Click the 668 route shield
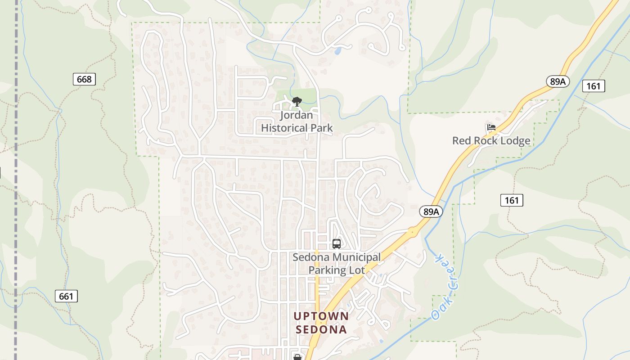click(x=84, y=80)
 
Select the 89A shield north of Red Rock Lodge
click(x=558, y=81)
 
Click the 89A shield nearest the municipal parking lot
click(x=431, y=211)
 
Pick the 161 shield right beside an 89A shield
click(x=594, y=85)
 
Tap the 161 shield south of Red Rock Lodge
click(x=512, y=200)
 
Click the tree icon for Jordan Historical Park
click(x=297, y=102)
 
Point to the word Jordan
click(x=296, y=115)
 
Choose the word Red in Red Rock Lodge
click(x=461, y=141)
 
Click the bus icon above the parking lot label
click(x=336, y=244)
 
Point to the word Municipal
click(x=356, y=257)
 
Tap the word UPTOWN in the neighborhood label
click(x=321, y=316)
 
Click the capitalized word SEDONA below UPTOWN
click(x=321, y=329)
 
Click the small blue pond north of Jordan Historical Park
click(x=337, y=51)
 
